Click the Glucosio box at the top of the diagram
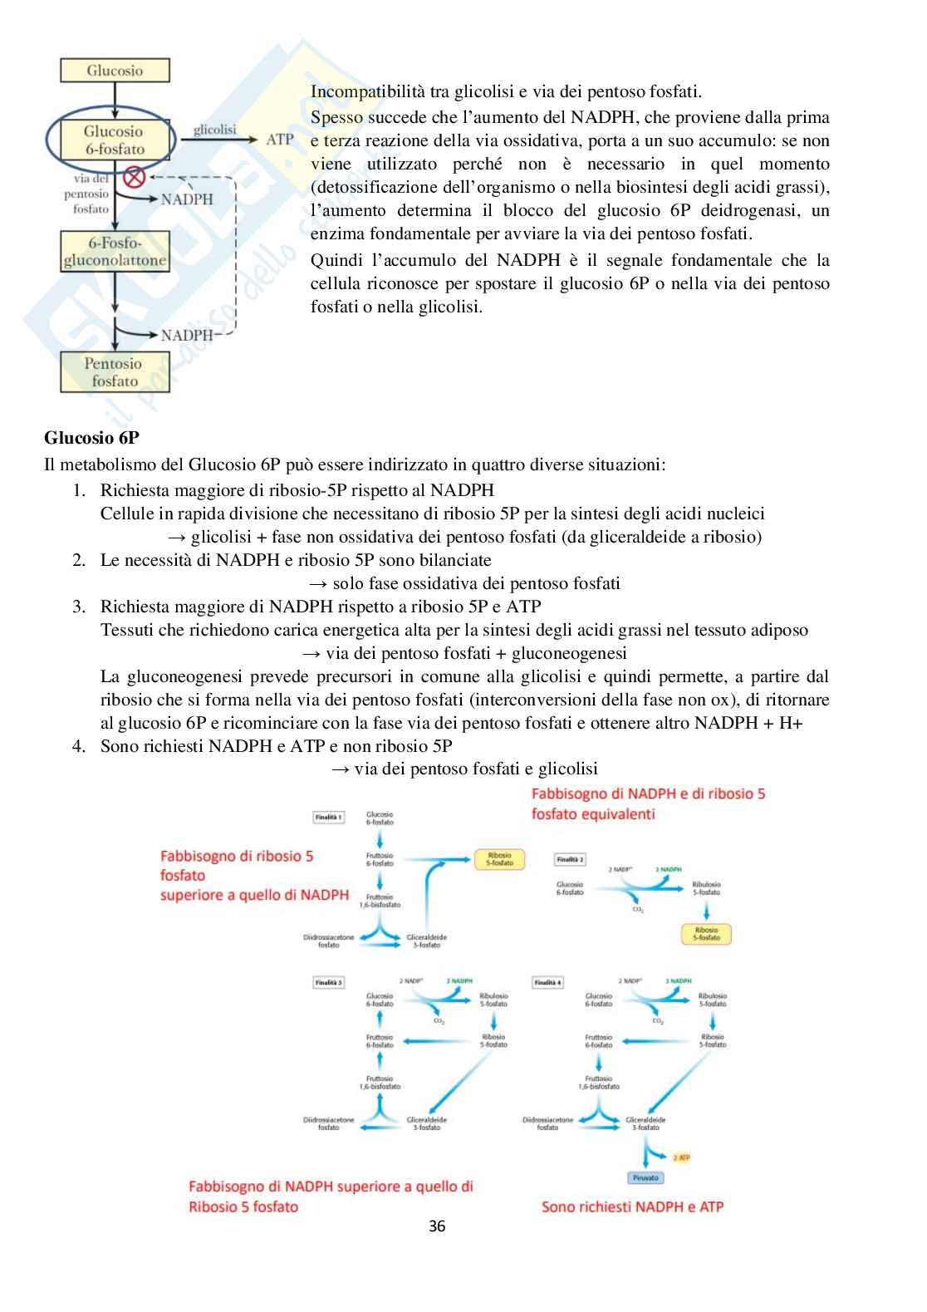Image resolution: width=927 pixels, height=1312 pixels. [x=115, y=71]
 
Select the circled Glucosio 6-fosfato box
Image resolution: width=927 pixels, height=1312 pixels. [x=113, y=140]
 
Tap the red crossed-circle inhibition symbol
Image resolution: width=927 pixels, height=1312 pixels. [x=134, y=177]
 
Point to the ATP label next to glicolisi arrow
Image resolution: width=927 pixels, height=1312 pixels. [x=280, y=140]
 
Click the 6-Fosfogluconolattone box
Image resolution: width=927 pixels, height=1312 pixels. [x=115, y=252]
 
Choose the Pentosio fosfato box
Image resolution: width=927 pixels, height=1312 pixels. [x=115, y=372]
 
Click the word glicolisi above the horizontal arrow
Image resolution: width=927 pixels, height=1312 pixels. [x=214, y=130]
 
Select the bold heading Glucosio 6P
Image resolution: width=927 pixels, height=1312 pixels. [x=91, y=438]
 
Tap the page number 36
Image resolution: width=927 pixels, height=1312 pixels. [x=437, y=1226]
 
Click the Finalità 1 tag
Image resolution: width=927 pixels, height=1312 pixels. [x=328, y=818]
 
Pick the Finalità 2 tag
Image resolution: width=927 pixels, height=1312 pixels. [x=570, y=860]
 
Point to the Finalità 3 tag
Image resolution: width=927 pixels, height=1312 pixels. [x=328, y=982]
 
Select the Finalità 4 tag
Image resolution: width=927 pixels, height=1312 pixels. [x=547, y=982]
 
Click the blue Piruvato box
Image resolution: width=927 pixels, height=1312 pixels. [x=645, y=1177]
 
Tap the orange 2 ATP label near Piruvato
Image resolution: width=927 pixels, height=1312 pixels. [x=682, y=1157]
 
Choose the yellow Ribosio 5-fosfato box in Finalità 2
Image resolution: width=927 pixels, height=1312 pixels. [x=706, y=934]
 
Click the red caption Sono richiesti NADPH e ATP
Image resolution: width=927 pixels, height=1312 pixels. [x=632, y=1206]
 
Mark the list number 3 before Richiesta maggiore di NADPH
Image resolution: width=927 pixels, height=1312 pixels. [x=79, y=607]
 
